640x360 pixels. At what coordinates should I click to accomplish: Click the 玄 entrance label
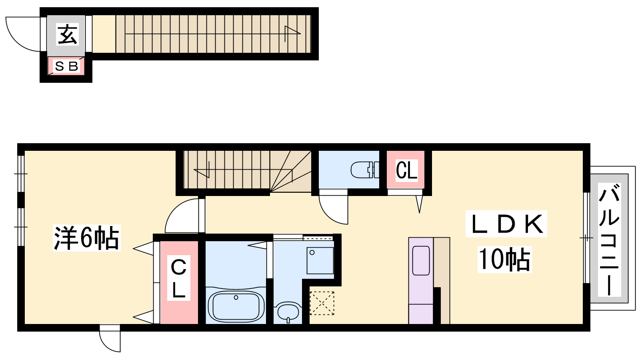[x=68, y=35]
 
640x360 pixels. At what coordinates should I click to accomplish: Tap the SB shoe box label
[x=66, y=66]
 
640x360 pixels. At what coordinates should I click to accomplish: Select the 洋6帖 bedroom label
[x=86, y=238]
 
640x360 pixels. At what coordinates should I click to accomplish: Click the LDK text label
[x=506, y=224]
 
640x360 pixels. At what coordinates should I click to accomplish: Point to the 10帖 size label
[x=504, y=260]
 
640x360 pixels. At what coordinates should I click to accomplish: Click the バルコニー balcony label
[x=609, y=240]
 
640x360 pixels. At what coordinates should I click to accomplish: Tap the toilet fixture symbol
[x=365, y=170]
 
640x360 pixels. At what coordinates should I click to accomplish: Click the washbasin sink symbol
[x=288, y=312]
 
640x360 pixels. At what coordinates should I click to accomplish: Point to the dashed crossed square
[x=322, y=303]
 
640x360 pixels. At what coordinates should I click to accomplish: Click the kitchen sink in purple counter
[x=421, y=260]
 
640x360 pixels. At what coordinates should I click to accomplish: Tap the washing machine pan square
[x=320, y=260]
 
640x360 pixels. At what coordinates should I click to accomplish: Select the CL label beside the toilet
[x=406, y=170]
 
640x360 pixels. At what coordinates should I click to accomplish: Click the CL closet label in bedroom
[x=179, y=278]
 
